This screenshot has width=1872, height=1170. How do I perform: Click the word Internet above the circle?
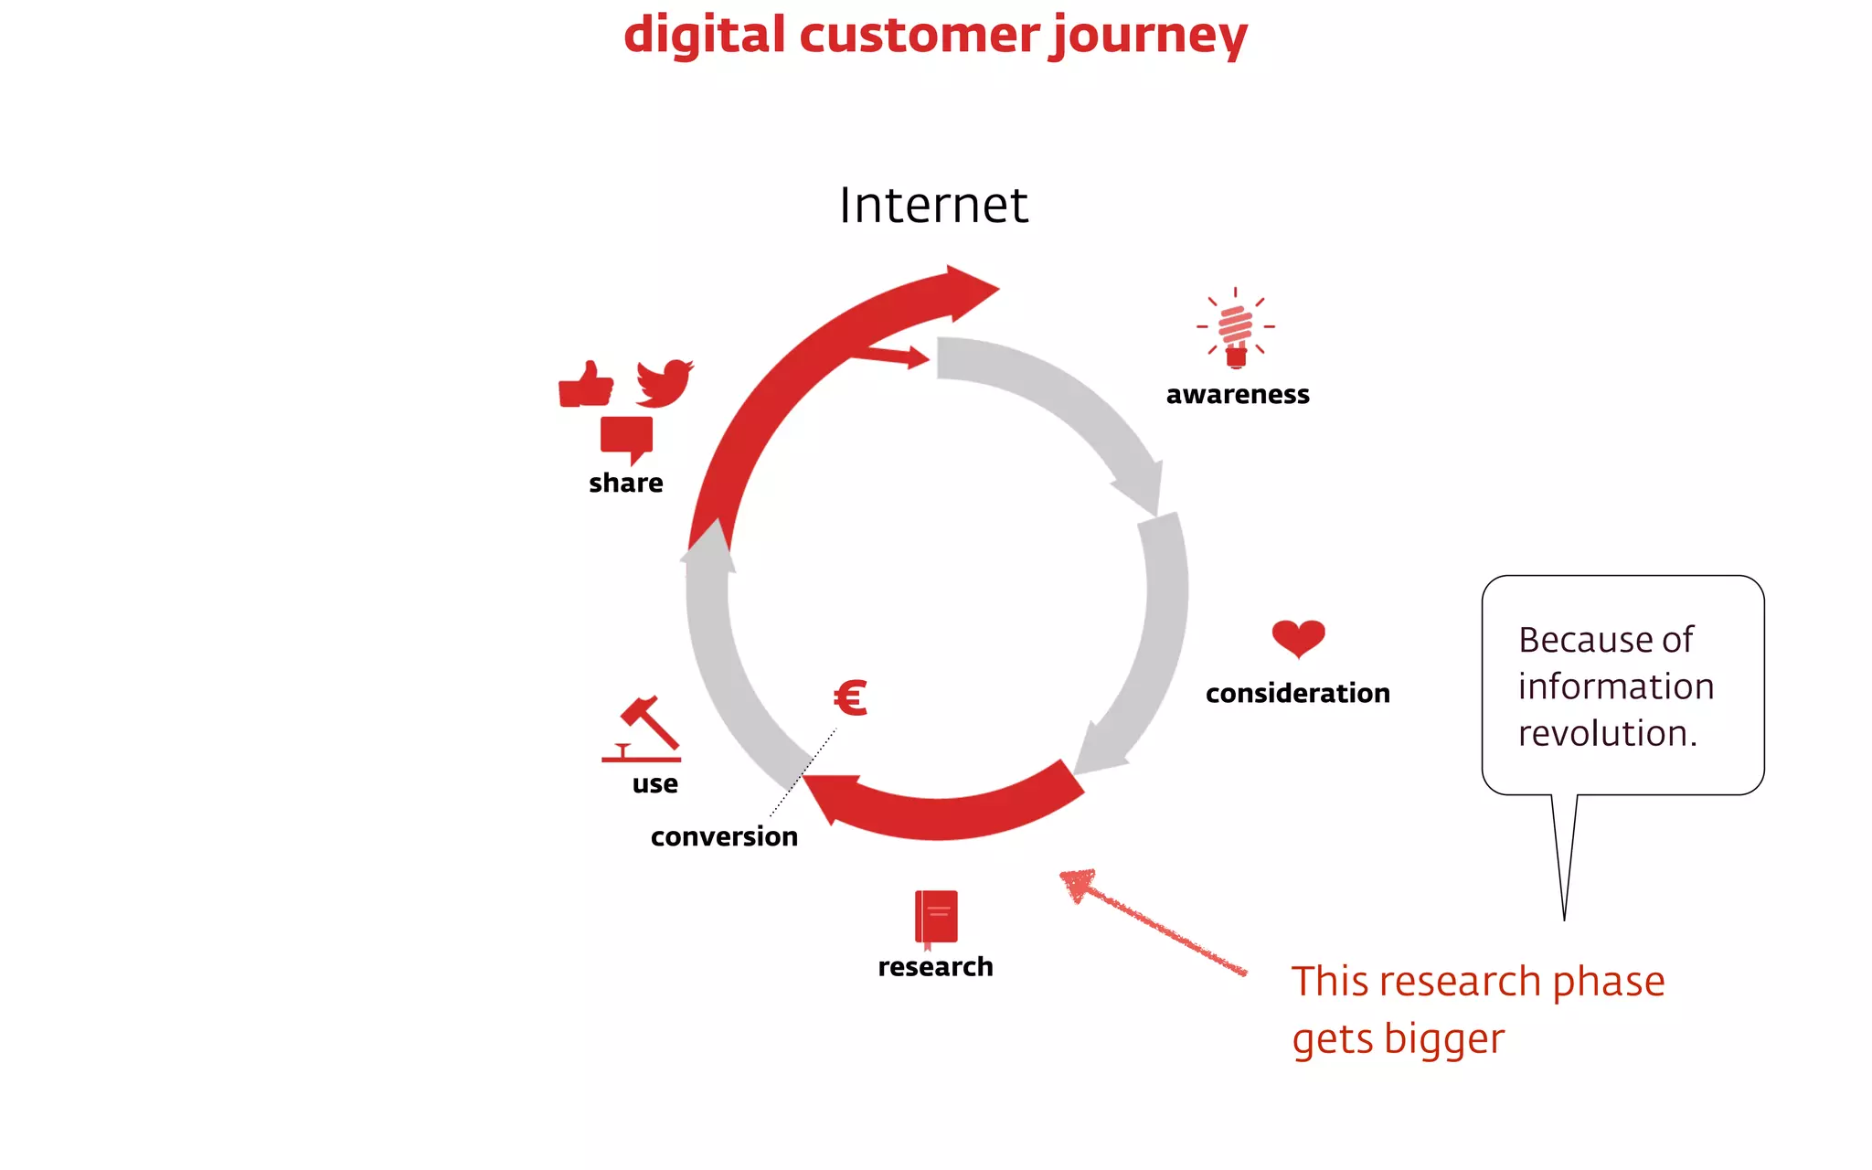(x=933, y=205)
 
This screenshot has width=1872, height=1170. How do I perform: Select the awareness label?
(x=1238, y=394)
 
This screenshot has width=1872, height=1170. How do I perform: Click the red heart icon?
(x=1298, y=638)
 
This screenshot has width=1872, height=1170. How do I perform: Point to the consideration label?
(x=1297, y=693)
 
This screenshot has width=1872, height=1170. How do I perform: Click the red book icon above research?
(x=936, y=917)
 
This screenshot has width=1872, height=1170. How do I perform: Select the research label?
(x=935, y=966)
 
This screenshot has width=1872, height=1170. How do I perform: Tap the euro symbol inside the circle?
(x=850, y=698)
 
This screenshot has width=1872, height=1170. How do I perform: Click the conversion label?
(x=724, y=836)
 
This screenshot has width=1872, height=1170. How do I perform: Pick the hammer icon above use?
(x=643, y=728)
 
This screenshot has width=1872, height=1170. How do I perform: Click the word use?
(x=654, y=784)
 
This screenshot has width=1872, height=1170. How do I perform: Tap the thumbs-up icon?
(x=586, y=385)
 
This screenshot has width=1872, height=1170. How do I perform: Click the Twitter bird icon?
(x=665, y=383)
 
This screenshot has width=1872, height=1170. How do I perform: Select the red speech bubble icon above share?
(x=627, y=438)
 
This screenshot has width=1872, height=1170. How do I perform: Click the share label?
(x=626, y=483)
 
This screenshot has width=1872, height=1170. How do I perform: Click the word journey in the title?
(x=1149, y=37)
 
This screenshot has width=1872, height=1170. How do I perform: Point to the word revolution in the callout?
(x=1607, y=733)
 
